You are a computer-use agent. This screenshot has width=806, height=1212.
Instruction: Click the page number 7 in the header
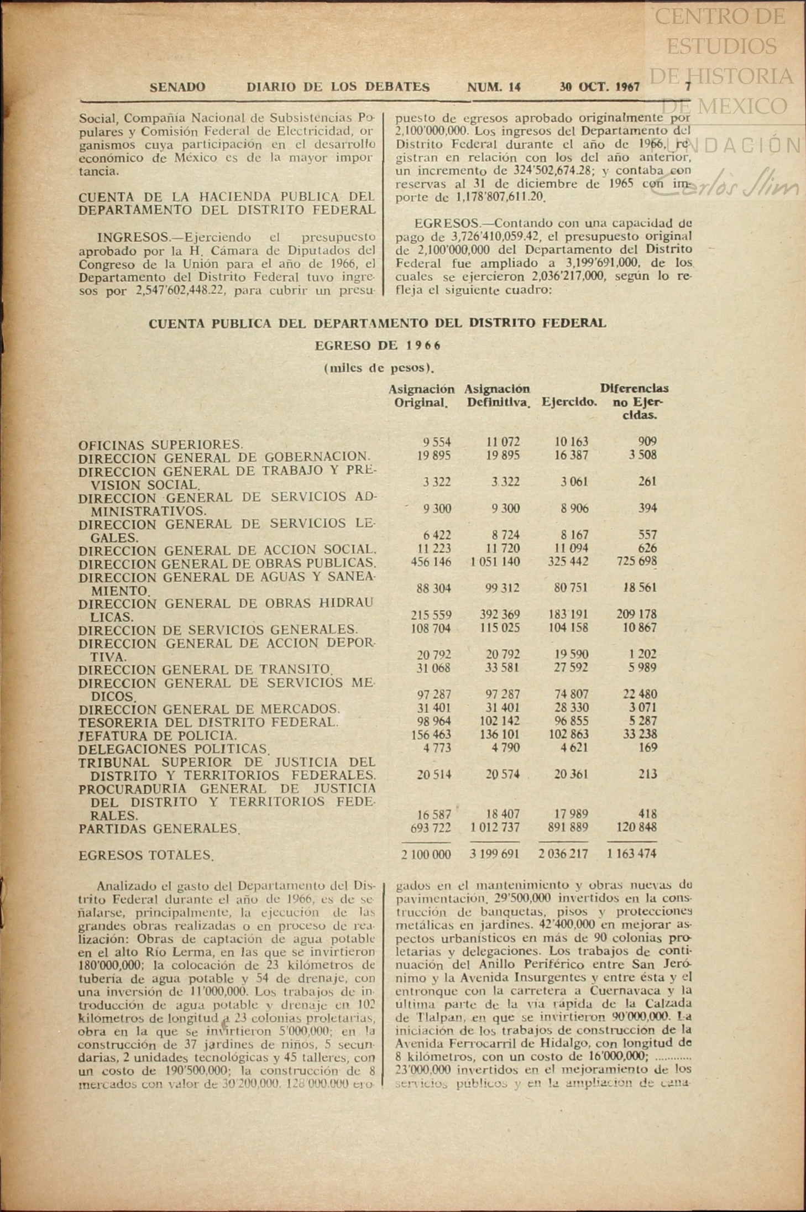click(x=688, y=87)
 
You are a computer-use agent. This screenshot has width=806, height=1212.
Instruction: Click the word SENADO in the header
click(x=177, y=87)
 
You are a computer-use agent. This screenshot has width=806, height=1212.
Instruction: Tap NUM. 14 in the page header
click(x=494, y=87)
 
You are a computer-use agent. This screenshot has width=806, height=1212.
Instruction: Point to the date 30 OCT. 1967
click(x=599, y=87)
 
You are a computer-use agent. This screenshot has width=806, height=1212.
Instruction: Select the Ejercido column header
click(x=569, y=403)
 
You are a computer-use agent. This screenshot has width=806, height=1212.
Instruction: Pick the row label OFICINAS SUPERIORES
click(x=161, y=445)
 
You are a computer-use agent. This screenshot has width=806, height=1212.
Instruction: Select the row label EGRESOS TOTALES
click(x=146, y=855)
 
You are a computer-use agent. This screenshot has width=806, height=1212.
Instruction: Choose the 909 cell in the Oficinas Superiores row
click(x=647, y=442)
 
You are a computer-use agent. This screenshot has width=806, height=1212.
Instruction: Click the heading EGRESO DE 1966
click(x=378, y=346)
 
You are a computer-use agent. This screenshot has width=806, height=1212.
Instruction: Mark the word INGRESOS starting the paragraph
click(x=133, y=238)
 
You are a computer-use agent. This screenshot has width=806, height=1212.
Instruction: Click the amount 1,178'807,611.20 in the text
click(x=501, y=197)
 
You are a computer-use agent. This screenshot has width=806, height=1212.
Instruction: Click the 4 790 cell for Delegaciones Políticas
click(x=504, y=748)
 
